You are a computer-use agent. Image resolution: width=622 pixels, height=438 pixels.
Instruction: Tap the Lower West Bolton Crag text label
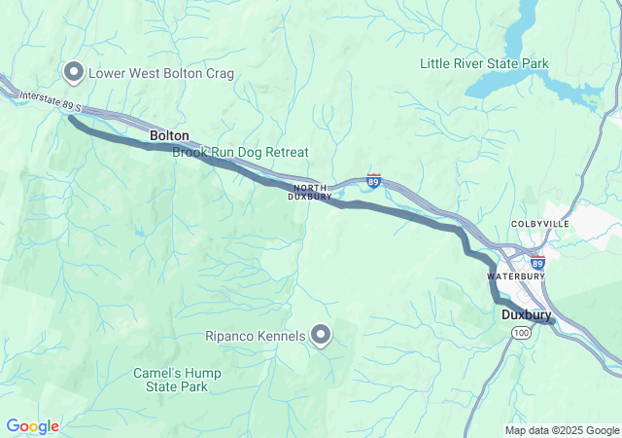160,73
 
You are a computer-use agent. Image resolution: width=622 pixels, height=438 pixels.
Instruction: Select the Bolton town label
169,135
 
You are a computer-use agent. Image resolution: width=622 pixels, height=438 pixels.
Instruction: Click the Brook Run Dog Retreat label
240,153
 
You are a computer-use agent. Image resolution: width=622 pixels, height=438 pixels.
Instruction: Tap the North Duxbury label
309,191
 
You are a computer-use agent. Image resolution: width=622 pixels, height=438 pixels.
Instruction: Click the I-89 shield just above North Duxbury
374,180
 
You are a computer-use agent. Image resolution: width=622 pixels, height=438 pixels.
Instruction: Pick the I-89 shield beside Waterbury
537,263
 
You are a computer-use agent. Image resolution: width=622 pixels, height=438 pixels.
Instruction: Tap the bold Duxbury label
527,315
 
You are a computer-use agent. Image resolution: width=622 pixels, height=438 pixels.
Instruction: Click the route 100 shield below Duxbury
522,333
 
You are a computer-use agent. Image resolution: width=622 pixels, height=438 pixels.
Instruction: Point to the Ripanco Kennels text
257,337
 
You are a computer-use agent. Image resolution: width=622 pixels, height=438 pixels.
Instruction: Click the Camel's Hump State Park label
177,380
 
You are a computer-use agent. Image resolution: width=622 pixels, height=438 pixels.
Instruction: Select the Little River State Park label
484,64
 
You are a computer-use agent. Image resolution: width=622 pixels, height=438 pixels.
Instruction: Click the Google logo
32,426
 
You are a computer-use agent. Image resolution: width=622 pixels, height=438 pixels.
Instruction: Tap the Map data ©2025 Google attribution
562,430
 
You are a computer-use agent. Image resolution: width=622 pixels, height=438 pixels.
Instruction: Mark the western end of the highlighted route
71,119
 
